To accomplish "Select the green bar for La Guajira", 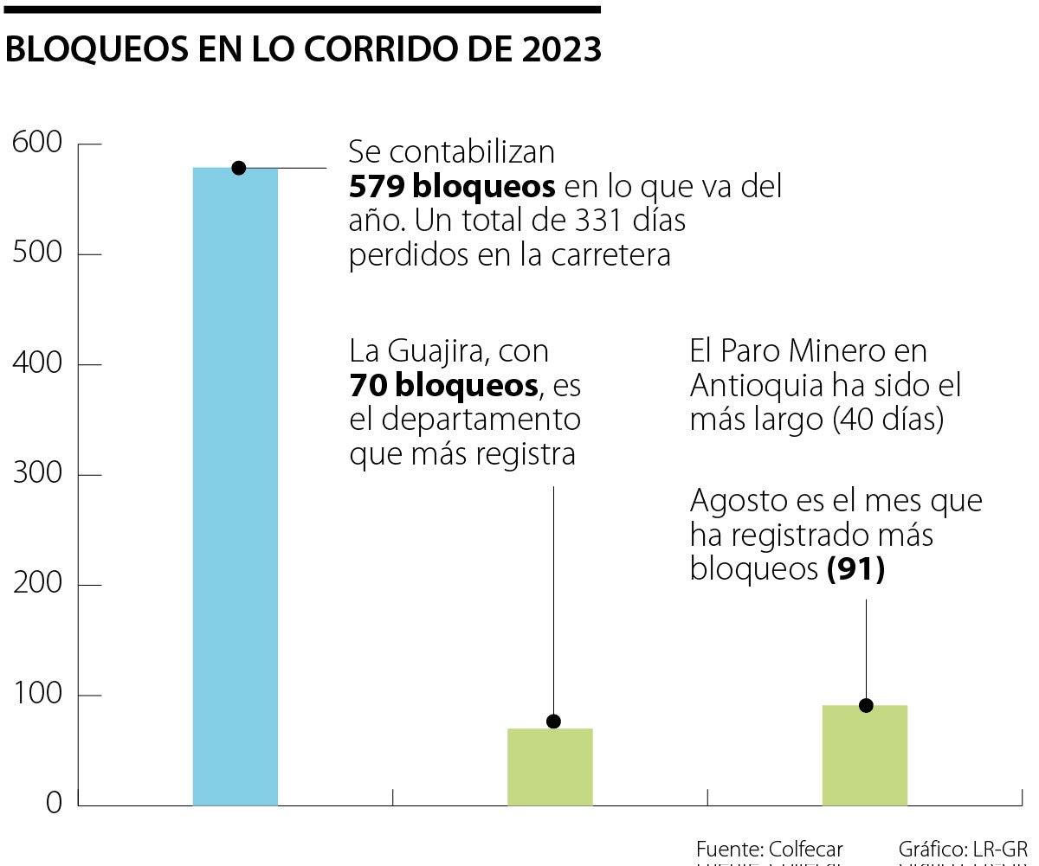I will [x=550, y=767].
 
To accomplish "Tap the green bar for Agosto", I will [x=865, y=755].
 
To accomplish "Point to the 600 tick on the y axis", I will [x=37, y=143].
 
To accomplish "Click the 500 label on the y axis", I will [x=37, y=253].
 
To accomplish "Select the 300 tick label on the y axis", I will [x=37, y=474].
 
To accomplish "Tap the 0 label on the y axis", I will [x=54, y=805].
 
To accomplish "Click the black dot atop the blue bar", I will [x=239, y=168].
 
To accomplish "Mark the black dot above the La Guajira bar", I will [x=553, y=722].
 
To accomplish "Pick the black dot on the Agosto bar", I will [x=866, y=705].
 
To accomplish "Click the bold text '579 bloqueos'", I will [x=452, y=187].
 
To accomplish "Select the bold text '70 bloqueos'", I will [x=443, y=386].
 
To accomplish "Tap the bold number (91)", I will [x=855, y=570].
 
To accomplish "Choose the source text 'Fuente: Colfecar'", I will [x=769, y=849].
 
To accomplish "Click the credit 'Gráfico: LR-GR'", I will [x=963, y=849].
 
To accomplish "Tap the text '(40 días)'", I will [x=887, y=420].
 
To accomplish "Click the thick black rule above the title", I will [x=300, y=10].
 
